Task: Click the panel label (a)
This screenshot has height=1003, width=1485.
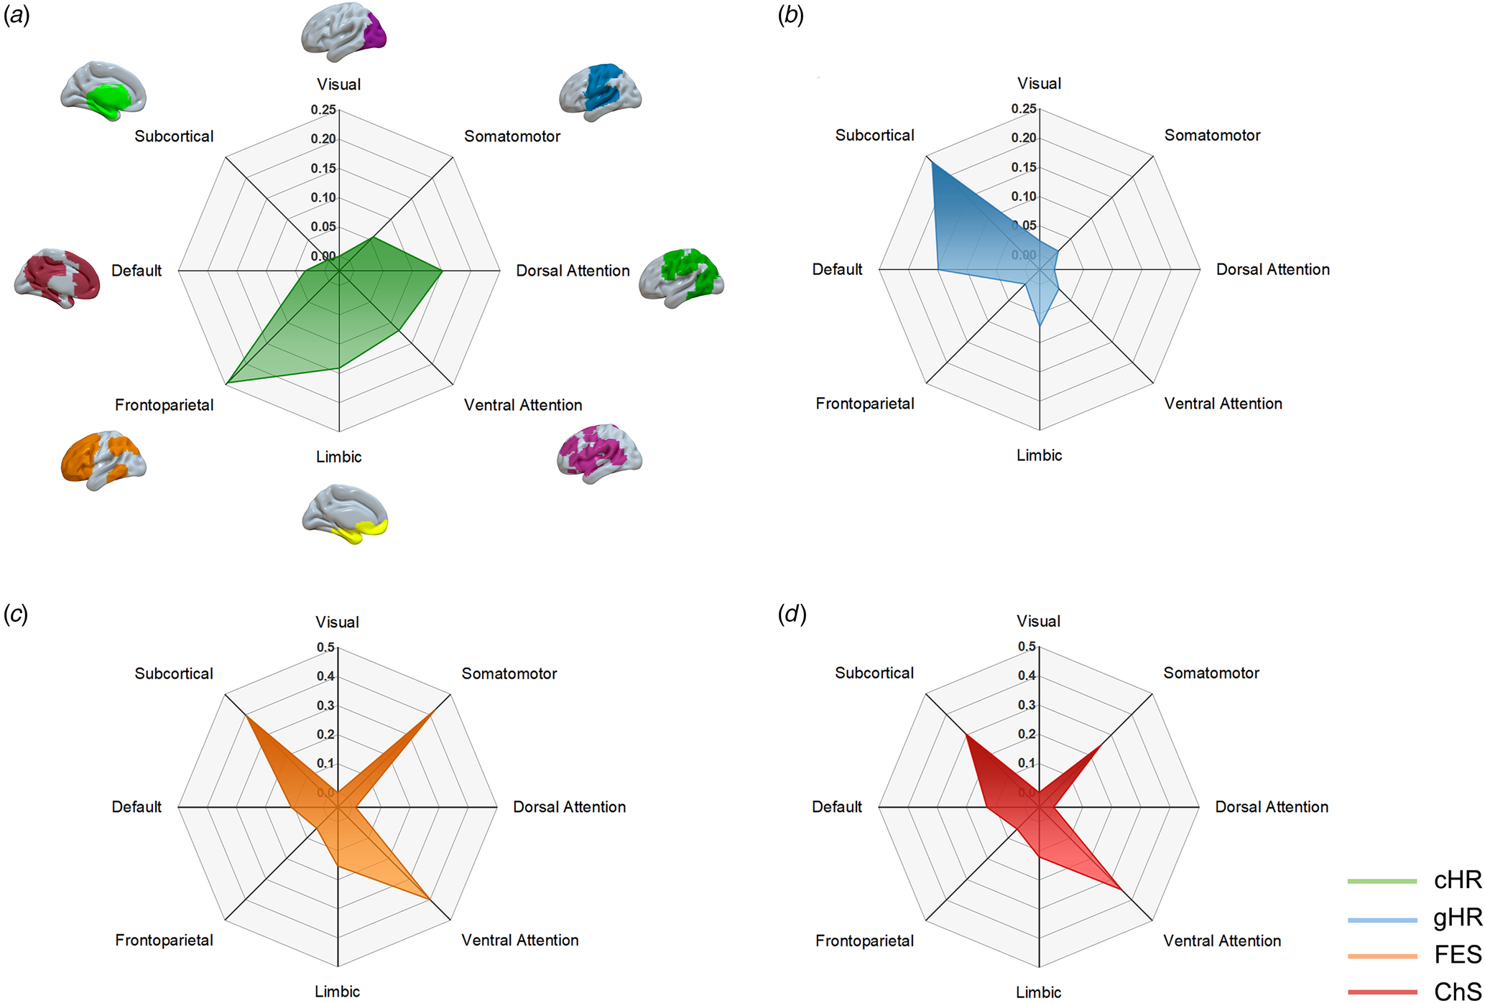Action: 17,15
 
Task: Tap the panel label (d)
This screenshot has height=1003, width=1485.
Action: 792,614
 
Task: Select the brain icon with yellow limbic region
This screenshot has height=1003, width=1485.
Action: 345,514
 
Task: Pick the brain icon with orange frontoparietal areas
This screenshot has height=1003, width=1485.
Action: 103,461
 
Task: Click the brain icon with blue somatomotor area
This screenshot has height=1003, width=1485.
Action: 600,92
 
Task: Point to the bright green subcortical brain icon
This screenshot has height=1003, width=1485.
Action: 103,90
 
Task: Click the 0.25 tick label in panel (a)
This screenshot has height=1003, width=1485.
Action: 323,110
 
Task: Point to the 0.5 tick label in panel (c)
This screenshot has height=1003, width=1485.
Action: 325,648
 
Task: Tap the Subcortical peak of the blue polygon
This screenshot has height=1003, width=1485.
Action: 932,163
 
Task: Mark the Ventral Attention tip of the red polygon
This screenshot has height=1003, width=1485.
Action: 1121,889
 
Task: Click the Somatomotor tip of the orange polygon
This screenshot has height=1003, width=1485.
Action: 434,712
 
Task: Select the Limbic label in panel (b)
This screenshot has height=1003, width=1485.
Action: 1039,455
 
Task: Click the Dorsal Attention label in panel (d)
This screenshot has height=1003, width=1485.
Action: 1271,807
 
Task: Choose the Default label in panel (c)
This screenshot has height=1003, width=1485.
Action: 137,807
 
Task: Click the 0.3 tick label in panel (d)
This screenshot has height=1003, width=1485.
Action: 1027,705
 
